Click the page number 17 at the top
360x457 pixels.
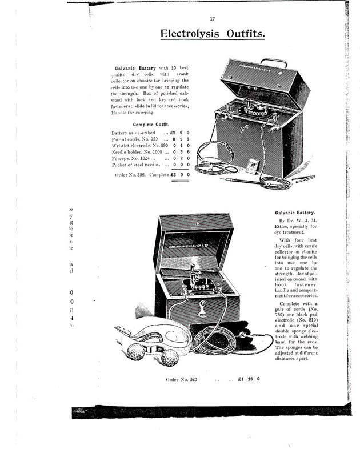[x=212, y=19]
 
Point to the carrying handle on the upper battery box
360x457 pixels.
[x=271, y=63]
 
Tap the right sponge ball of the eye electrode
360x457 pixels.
[x=169, y=358]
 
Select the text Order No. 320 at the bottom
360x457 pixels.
[x=181, y=379]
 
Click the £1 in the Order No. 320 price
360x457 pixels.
[x=242, y=379]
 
